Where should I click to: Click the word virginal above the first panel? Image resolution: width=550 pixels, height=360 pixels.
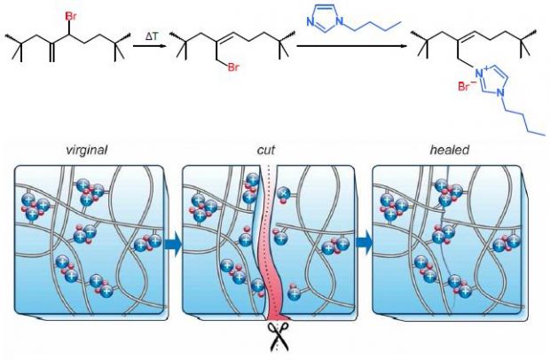click(86, 151)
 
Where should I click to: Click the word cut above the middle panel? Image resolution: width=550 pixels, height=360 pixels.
click(266, 150)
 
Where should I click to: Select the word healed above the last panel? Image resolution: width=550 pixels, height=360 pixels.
click(450, 150)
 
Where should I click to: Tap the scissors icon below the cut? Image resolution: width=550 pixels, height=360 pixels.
click(279, 337)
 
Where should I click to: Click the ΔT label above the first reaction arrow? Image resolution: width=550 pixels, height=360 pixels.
click(152, 36)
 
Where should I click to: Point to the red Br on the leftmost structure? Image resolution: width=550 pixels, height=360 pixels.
click(71, 16)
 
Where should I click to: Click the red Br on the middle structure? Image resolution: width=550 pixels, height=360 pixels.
click(233, 67)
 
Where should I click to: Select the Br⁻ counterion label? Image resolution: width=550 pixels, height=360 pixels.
click(467, 86)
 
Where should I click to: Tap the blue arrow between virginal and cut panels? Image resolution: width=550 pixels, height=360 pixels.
click(173, 245)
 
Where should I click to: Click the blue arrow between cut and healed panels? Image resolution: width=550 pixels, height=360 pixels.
click(364, 243)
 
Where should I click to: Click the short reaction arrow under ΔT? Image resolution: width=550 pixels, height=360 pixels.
click(149, 45)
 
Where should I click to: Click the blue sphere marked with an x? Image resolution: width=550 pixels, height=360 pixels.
click(283, 192)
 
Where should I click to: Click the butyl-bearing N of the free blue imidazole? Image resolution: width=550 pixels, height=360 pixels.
click(339, 22)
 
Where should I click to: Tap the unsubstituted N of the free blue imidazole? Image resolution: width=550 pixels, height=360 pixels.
click(310, 22)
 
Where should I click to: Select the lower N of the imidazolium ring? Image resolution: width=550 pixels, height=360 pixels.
click(500, 92)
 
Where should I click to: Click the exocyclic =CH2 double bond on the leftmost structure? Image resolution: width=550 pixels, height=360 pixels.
click(52, 52)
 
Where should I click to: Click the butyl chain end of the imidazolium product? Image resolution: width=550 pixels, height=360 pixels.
click(545, 134)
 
